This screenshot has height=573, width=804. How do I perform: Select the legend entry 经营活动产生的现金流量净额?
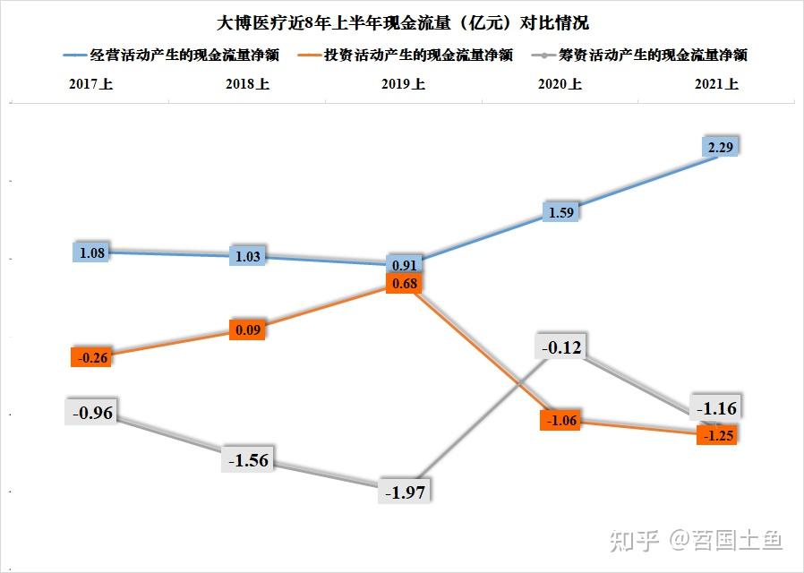pyautogui.click(x=184, y=55)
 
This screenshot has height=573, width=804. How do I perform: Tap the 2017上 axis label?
pyautogui.click(x=91, y=85)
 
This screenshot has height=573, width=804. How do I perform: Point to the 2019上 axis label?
pyautogui.click(x=403, y=85)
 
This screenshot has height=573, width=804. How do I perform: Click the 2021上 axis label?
pyautogui.click(x=715, y=85)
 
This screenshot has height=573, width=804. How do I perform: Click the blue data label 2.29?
pyautogui.click(x=721, y=148)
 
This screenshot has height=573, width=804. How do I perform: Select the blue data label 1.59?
pyautogui.click(x=564, y=212)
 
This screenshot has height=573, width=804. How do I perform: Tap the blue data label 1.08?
pyautogui.click(x=92, y=252)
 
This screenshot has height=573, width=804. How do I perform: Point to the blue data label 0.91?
pyautogui.click(x=404, y=265)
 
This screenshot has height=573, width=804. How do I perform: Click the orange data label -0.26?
pyautogui.click(x=91, y=357)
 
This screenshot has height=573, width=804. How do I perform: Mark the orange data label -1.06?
pyautogui.click(x=563, y=421)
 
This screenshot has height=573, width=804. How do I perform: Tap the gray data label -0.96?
pyautogui.click(x=91, y=414)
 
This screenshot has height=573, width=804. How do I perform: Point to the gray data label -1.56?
pyautogui.click(x=247, y=460)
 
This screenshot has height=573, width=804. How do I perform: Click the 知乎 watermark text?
pyautogui.click(x=634, y=539)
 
